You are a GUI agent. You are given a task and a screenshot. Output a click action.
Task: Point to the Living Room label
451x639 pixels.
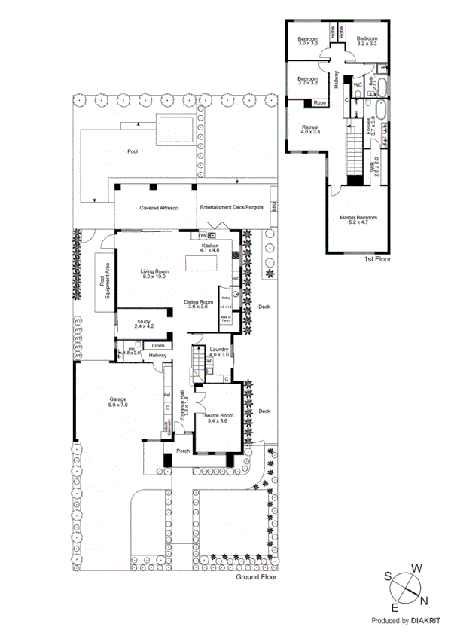[x=154, y=274]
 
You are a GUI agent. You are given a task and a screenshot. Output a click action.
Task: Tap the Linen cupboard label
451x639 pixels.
[x=158, y=346]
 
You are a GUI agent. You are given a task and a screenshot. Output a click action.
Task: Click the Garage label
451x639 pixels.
[x=117, y=401]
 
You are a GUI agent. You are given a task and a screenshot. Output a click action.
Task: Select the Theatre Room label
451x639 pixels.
[x=215, y=417]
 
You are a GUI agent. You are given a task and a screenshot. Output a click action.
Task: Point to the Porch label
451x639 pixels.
[x=183, y=452]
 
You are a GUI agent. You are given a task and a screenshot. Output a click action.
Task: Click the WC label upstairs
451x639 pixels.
[x=358, y=85]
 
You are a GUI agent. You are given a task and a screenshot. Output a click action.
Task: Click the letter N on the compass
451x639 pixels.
[x=425, y=600]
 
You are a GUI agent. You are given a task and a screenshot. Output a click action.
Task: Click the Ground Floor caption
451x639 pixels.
[x=256, y=577]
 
